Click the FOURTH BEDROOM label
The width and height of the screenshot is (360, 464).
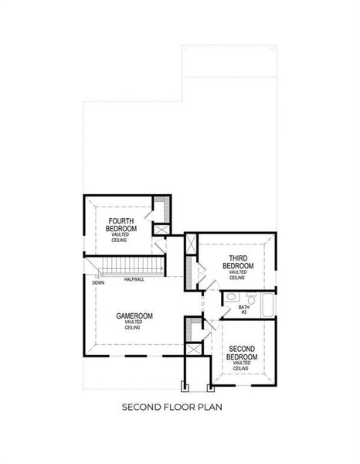point(122,225)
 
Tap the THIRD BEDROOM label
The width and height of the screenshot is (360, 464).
point(237,261)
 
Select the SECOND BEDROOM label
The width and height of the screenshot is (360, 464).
point(241,353)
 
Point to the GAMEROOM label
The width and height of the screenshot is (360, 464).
point(134,316)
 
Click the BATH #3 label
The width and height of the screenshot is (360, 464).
point(243,309)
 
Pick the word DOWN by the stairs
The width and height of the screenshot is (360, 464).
point(98,283)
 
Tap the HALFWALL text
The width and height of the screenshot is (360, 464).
point(134,279)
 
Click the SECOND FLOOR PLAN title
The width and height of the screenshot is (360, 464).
point(178,405)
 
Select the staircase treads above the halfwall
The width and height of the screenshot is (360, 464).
point(131,268)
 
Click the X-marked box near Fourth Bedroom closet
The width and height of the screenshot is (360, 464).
point(161,229)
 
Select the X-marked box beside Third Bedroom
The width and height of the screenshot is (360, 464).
point(190,241)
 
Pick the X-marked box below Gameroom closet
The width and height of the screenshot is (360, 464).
point(192,349)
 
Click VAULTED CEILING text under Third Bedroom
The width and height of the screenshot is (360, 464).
point(237,275)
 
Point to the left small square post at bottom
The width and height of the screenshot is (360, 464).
point(184,385)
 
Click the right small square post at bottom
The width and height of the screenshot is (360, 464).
point(212,385)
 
